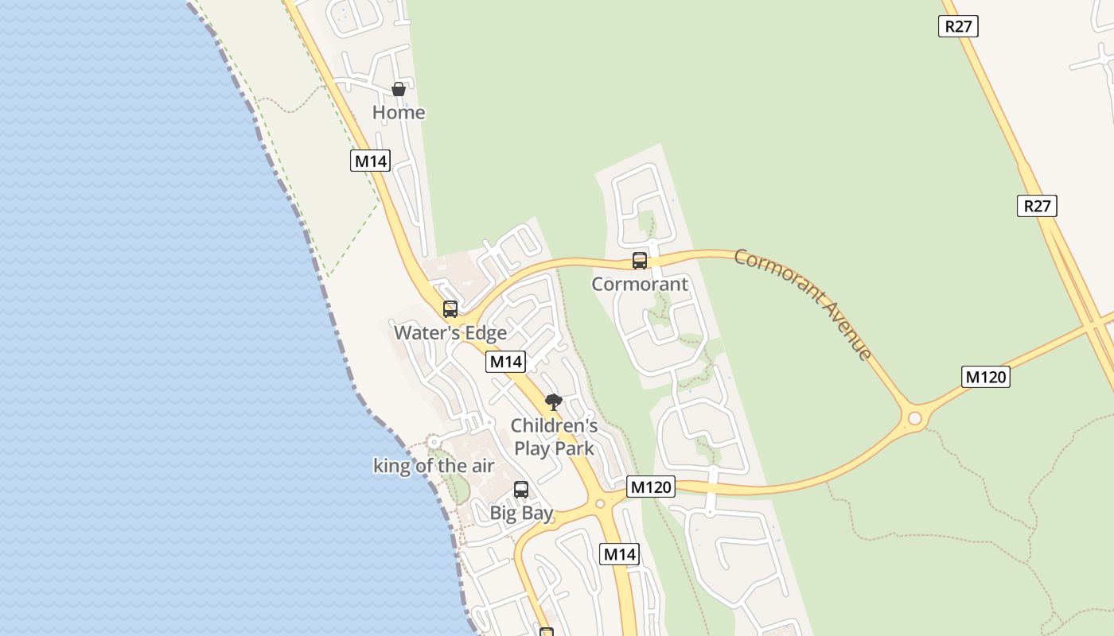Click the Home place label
click(x=399, y=113)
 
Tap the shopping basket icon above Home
click(x=399, y=89)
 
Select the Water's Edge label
click(x=450, y=332)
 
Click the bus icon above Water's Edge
click(x=450, y=308)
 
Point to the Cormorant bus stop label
click(x=640, y=284)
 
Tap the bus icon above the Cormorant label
click(x=640, y=260)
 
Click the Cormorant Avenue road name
click(x=804, y=303)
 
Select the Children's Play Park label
click(x=554, y=436)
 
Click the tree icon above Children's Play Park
click(x=554, y=402)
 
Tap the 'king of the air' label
click(x=434, y=466)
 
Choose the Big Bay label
click(x=521, y=513)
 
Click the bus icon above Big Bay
click(x=521, y=490)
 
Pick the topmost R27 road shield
click(x=958, y=26)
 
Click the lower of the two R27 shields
click(x=1037, y=206)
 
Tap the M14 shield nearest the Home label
click(x=370, y=161)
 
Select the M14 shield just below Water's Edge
click(x=505, y=362)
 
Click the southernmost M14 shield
click(x=619, y=554)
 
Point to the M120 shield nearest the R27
click(x=986, y=377)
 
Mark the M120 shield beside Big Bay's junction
click(x=651, y=487)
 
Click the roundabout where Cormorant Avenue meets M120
click(x=915, y=418)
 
